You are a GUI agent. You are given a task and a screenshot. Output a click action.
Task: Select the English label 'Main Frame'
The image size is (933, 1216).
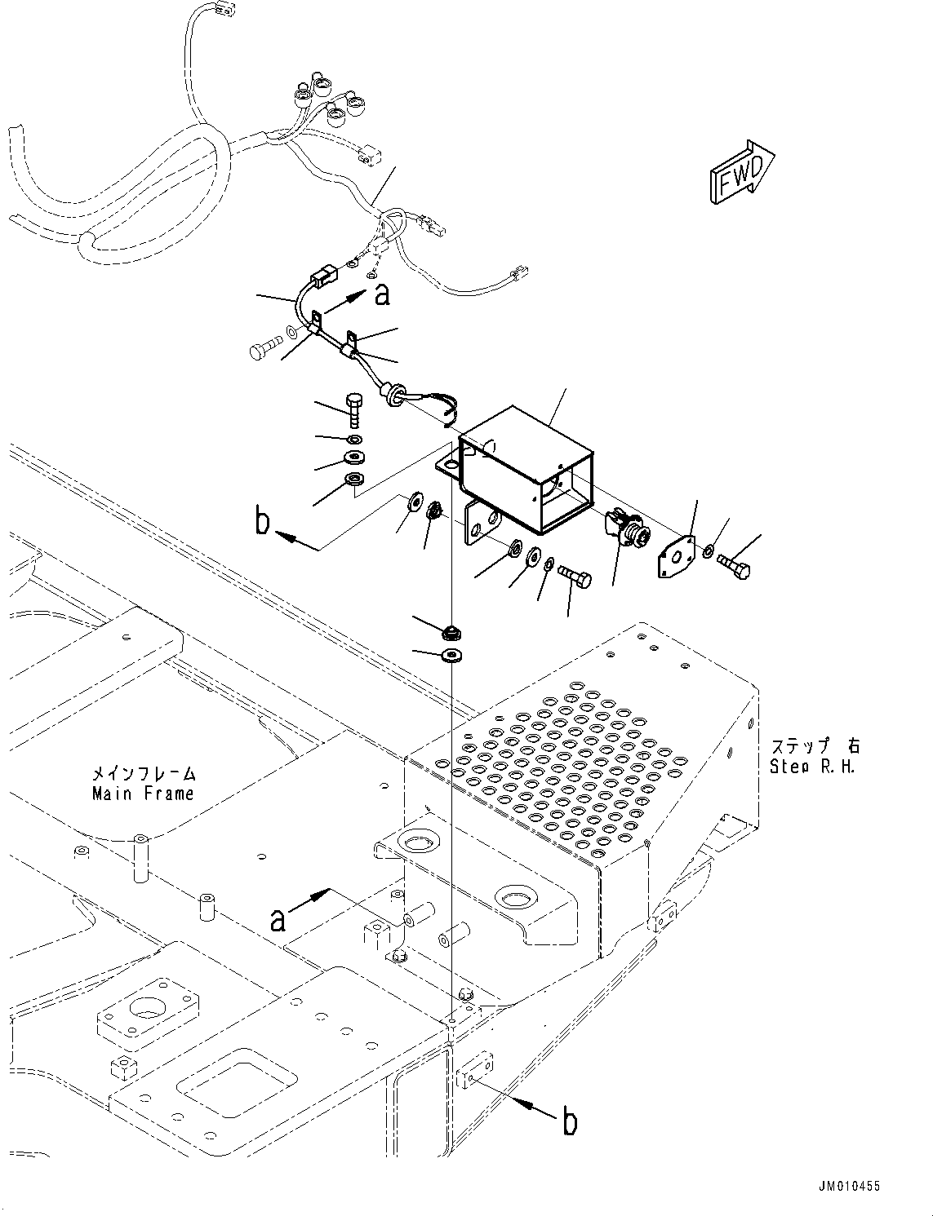point(143,794)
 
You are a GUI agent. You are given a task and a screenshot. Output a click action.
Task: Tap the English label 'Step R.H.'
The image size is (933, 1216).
point(812,767)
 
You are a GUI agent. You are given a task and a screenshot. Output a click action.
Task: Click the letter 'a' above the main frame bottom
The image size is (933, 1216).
point(278,920)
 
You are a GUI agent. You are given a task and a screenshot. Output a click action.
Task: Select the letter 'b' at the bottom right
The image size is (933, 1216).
point(570,1122)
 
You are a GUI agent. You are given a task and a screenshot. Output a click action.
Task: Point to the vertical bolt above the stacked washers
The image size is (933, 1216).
point(355,411)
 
